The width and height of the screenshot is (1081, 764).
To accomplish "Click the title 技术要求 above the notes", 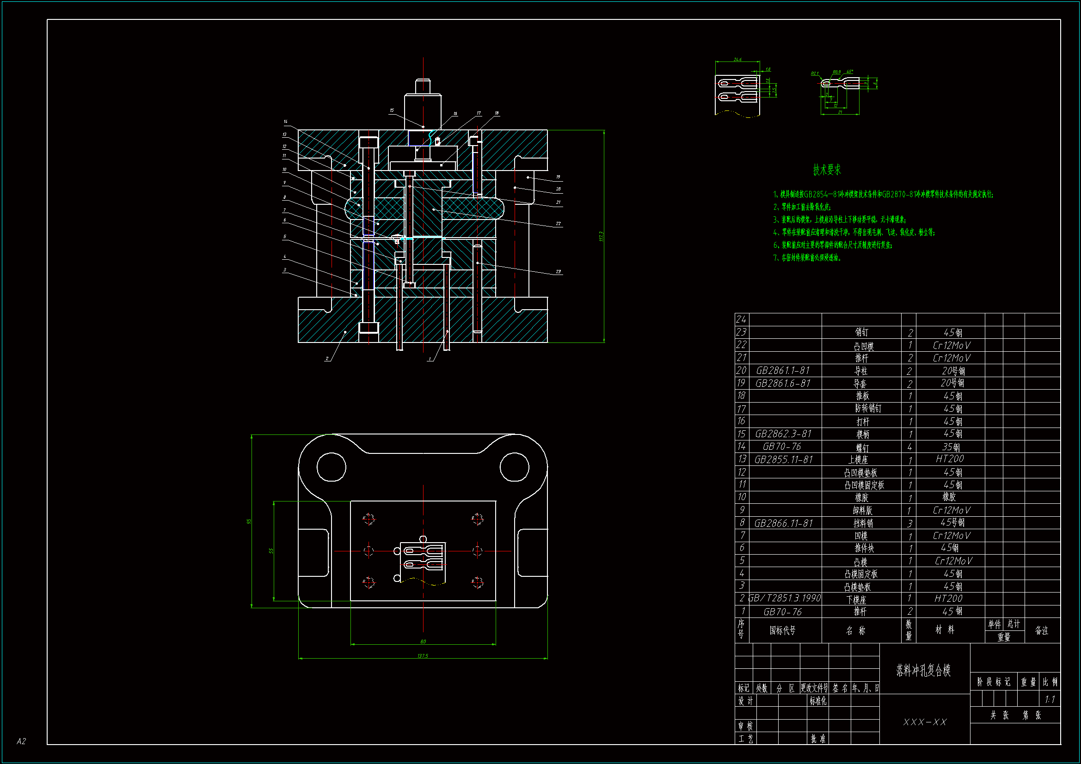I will click(x=827, y=170).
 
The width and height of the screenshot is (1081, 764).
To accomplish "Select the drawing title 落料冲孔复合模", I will click(x=923, y=670).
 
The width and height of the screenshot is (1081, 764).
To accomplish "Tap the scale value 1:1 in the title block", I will click(x=1050, y=699).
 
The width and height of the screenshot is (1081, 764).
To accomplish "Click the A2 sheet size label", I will click(x=21, y=741).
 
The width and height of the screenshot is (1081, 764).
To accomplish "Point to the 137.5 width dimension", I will click(x=422, y=656).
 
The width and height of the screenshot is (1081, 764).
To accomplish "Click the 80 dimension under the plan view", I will click(x=423, y=642).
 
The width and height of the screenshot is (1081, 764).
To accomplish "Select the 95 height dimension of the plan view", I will click(x=249, y=521).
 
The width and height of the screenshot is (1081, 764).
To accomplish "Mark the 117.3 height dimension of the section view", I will click(x=601, y=236).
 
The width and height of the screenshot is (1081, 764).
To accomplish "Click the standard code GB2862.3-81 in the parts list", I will click(x=783, y=434).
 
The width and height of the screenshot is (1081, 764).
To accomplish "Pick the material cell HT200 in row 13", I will click(x=950, y=459).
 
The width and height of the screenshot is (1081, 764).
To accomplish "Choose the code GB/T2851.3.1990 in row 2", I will click(x=784, y=598).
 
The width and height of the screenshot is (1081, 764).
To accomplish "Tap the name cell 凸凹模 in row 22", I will click(x=864, y=346).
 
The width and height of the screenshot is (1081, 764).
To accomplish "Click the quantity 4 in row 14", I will click(x=909, y=447).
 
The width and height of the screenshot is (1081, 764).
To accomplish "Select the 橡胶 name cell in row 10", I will click(x=861, y=498).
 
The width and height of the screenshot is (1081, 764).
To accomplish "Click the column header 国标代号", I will click(x=782, y=630).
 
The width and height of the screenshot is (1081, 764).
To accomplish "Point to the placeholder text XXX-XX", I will click(x=925, y=722).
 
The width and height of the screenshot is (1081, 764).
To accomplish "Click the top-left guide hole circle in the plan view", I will click(x=331, y=467).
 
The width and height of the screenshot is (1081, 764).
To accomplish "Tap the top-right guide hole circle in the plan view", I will click(x=514, y=467).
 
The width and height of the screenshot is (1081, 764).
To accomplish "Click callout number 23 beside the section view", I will click(x=559, y=272).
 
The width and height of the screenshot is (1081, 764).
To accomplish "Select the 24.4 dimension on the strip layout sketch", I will click(x=737, y=60).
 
